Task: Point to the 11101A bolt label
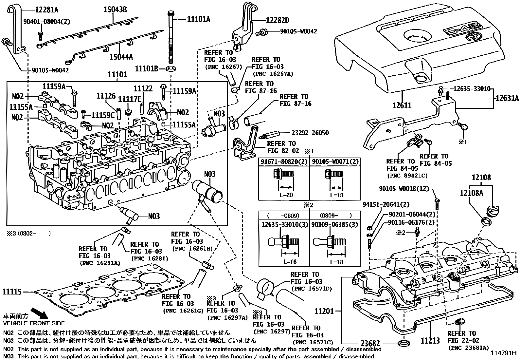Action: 198,19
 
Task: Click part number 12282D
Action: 278,20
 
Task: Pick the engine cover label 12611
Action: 402,105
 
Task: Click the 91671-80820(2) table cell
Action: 284,162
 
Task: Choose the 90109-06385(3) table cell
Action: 334,225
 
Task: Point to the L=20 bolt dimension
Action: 286,195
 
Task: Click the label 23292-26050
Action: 310,133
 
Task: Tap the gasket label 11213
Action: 430,341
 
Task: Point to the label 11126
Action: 106,96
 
